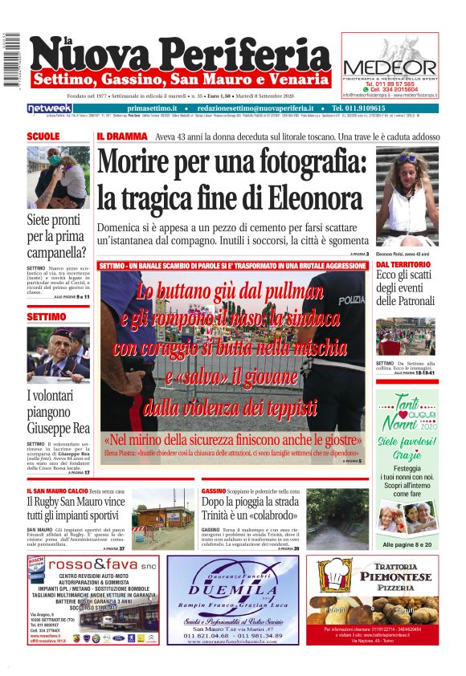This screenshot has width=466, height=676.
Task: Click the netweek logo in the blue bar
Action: click(x=49, y=108)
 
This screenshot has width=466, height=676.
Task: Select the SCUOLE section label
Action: click(x=43, y=136)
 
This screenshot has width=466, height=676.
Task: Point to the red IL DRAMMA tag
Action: click(x=122, y=136)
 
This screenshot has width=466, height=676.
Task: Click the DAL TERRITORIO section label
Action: click(x=408, y=264)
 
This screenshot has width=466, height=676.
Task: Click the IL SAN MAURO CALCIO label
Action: click(x=56, y=491)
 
